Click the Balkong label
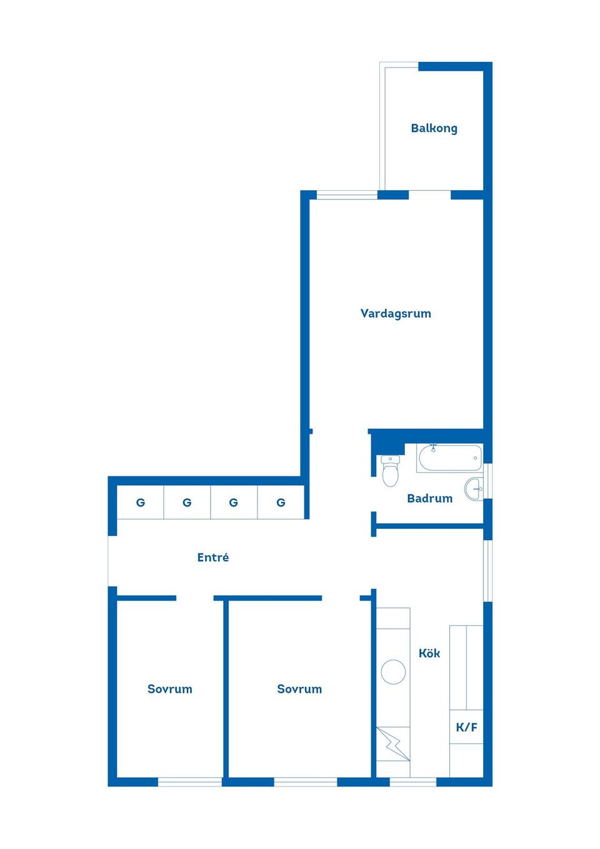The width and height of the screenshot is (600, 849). coord(434,128)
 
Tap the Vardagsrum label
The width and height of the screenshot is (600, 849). coord(396,313)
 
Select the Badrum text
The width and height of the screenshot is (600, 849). coord(429,498)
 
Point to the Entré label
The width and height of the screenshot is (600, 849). coord(212,557)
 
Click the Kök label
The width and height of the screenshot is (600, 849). coord(429,653)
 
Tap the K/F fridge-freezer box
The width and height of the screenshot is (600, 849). coord(466,727)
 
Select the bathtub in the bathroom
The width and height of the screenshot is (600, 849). coord(449,458)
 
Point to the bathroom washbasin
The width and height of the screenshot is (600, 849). coord(474,488)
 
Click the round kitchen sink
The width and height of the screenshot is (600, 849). coord(393,672)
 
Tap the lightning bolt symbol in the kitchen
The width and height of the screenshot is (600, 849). coord(393,743)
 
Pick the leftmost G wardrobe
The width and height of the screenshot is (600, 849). coord(141,502)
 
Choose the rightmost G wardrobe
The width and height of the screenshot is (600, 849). coord(281,502)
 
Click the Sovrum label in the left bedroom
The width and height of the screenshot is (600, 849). coord(169,689)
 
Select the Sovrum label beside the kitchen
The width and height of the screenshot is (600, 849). coord(299,689)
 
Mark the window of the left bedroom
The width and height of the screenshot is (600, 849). coord(190,781)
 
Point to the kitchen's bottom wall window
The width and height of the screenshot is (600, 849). coord(412,781)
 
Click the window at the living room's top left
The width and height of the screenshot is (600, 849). coord(347,195)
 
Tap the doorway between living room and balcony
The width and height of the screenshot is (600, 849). coord(429,195)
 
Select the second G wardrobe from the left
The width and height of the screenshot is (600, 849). coord(187,502)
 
